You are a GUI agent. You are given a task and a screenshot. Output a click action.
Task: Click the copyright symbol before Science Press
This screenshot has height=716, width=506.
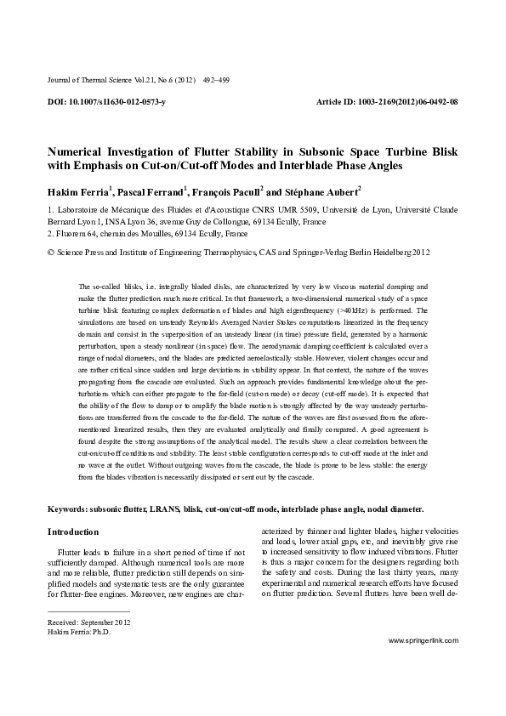pos(52,253)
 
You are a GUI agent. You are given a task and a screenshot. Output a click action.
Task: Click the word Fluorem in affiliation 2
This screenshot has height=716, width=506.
pos(73,232)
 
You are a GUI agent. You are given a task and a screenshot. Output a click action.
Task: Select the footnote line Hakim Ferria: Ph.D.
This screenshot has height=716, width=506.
pos(79,634)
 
